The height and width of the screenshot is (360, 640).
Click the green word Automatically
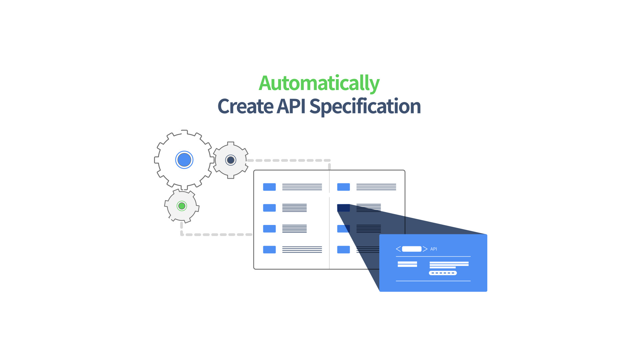tap(319, 83)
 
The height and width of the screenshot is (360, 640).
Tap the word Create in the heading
tap(245, 106)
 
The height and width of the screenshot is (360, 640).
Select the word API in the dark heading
tap(291, 106)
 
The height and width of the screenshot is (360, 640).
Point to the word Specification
tap(365, 107)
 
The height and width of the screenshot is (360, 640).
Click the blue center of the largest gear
tap(184, 160)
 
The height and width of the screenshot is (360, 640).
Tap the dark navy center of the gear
tap(231, 160)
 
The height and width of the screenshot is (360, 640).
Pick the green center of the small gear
tap(182, 206)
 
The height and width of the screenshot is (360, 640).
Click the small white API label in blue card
tap(433, 249)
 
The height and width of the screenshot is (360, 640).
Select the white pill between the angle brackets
tap(412, 249)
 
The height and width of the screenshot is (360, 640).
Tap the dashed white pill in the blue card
tap(443, 273)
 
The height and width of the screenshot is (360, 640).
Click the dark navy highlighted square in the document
tap(343, 208)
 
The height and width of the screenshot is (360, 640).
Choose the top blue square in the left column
tap(269, 187)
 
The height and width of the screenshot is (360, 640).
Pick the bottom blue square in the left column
tap(269, 250)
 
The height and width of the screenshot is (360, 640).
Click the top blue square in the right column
tap(343, 187)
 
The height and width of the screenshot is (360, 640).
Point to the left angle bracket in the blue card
tap(398, 249)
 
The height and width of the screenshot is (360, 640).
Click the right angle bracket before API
tap(425, 249)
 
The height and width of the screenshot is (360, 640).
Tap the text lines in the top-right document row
tap(376, 187)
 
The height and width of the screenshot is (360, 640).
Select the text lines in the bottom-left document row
tap(302, 250)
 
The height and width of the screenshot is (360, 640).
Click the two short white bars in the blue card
tap(407, 264)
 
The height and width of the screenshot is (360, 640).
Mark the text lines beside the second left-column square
tap(294, 208)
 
